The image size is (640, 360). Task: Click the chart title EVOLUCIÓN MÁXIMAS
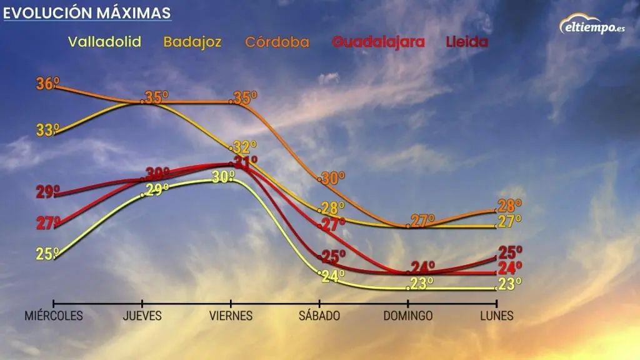click(87, 12)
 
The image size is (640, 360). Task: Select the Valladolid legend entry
click(104, 42)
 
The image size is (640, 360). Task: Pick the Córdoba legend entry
click(277, 42)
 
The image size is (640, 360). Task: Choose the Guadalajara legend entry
click(378, 42)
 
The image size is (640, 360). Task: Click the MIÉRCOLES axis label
click(54, 316)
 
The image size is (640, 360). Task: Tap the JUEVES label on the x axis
click(142, 316)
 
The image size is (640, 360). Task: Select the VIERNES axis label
click(231, 316)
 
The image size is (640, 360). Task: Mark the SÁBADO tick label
click(319, 316)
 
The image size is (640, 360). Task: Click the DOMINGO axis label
click(407, 316)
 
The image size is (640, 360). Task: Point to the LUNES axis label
click(497, 316)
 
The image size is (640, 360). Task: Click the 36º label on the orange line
click(46, 83)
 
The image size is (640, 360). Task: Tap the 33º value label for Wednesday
click(47, 130)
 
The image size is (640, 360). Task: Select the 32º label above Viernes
click(244, 147)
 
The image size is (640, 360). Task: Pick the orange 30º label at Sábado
click(333, 178)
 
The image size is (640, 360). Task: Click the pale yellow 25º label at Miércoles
click(47, 254)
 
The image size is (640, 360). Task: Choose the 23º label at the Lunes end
click(510, 285)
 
